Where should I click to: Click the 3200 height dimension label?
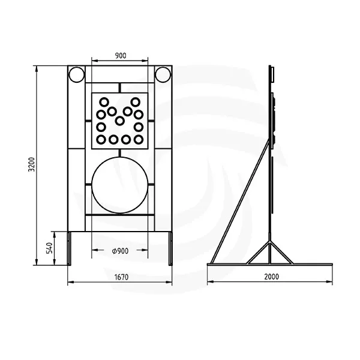pos(31,164)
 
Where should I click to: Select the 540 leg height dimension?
pos(49,248)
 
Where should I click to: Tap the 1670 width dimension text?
pos(121,277)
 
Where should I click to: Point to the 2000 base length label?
pos(271,277)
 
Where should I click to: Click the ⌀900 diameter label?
pos(120,251)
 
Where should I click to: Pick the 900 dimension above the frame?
pos(121,56)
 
